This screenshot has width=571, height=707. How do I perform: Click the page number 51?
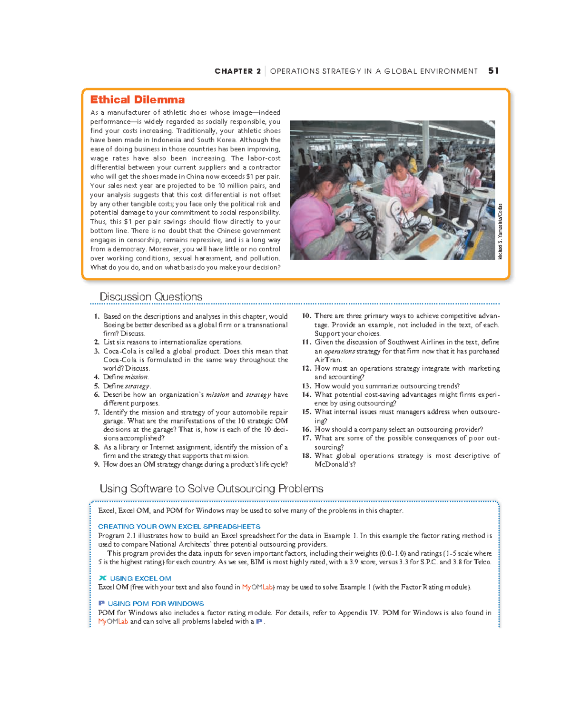pyautogui.click(x=493, y=71)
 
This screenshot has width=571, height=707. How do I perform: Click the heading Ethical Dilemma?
pyautogui.click(x=138, y=100)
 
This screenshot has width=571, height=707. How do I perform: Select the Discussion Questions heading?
pyautogui.click(x=151, y=297)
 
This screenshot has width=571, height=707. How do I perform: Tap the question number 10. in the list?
pyautogui.click(x=306, y=316)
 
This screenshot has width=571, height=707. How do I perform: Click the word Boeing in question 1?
pyautogui.click(x=114, y=325)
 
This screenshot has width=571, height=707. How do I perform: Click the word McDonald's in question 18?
pyautogui.click(x=335, y=464)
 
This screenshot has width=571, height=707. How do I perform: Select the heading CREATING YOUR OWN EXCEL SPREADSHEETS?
pyautogui.click(x=179, y=527)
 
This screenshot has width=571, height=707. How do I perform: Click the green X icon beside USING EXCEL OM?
pyautogui.click(x=102, y=578)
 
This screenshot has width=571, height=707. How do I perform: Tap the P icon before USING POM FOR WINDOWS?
pyautogui.click(x=101, y=603)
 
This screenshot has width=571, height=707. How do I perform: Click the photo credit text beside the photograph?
pyautogui.click(x=500, y=232)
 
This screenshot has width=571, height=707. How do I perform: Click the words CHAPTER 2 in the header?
pyautogui.click(x=237, y=71)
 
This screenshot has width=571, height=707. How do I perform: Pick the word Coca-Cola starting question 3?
pyautogui.click(x=120, y=351)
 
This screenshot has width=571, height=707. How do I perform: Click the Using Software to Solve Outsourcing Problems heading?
pyautogui.click(x=211, y=489)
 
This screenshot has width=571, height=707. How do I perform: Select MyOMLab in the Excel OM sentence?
pyautogui.click(x=257, y=587)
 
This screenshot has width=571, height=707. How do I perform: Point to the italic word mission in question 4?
pyautogui.click(x=137, y=377)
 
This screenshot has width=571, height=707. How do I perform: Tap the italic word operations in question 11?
pyautogui.click(x=339, y=351)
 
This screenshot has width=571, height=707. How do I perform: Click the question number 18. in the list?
pyautogui.click(x=306, y=456)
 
